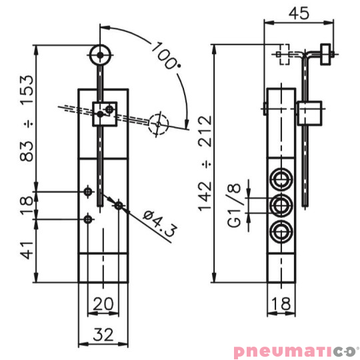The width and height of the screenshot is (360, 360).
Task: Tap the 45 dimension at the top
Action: click(x=299, y=13)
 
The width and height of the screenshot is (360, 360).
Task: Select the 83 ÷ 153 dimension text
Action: click(x=27, y=119)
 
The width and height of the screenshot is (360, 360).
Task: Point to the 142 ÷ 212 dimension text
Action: click(x=205, y=163)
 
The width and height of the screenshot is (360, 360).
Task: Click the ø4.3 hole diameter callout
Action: click(x=160, y=223)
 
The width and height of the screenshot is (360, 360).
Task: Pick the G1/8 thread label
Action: click(x=234, y=205)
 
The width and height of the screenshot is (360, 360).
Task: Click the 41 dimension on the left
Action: click(x=27, y=250)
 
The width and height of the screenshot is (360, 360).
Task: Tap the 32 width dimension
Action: click(x=103, y=335)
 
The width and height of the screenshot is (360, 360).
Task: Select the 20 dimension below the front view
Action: click(x=103, y=303)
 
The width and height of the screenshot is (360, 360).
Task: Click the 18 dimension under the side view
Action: click(x=281, y=303)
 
